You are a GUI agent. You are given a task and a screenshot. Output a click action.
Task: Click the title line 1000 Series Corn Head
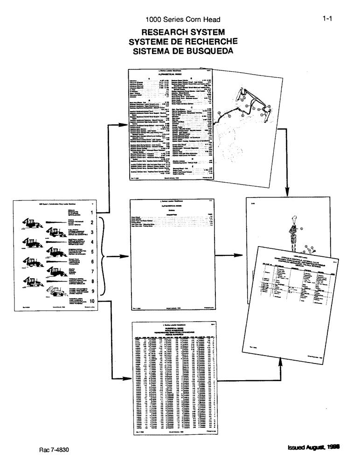tap(182, 20)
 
